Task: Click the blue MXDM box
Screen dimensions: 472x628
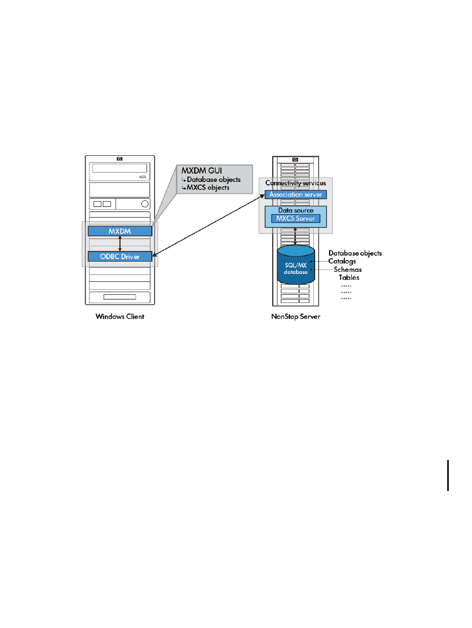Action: tap(120, 231)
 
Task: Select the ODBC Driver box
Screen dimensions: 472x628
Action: tap(120, 256)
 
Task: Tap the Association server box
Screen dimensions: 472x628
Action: tap(295, 194)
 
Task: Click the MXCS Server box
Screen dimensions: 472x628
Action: tap(295, 219)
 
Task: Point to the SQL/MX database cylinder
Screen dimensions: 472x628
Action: tap(296, 265)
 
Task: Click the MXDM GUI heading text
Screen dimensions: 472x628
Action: tap(201, 171)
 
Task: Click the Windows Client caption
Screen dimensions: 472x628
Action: tap(120, 316)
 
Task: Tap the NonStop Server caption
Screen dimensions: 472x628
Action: tap(295, 316)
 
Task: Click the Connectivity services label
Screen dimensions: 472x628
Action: tap(295, 183)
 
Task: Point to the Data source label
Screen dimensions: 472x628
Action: tap(296, 210)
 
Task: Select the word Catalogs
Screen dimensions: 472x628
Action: tap(342, 261)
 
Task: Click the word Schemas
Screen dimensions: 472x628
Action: tap(347, 269)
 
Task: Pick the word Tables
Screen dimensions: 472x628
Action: tap(349, 277)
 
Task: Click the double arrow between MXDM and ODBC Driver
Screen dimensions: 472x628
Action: tap(120, 244)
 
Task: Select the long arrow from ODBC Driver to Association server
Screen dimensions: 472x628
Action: tap(208, 225)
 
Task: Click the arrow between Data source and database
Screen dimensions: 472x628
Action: tap(295, 236)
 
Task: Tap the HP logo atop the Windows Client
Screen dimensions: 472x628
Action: tap(120, 159)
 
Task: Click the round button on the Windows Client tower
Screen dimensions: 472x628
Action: tap(145, 204)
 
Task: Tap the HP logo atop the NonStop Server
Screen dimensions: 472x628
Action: tap(295, 160)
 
